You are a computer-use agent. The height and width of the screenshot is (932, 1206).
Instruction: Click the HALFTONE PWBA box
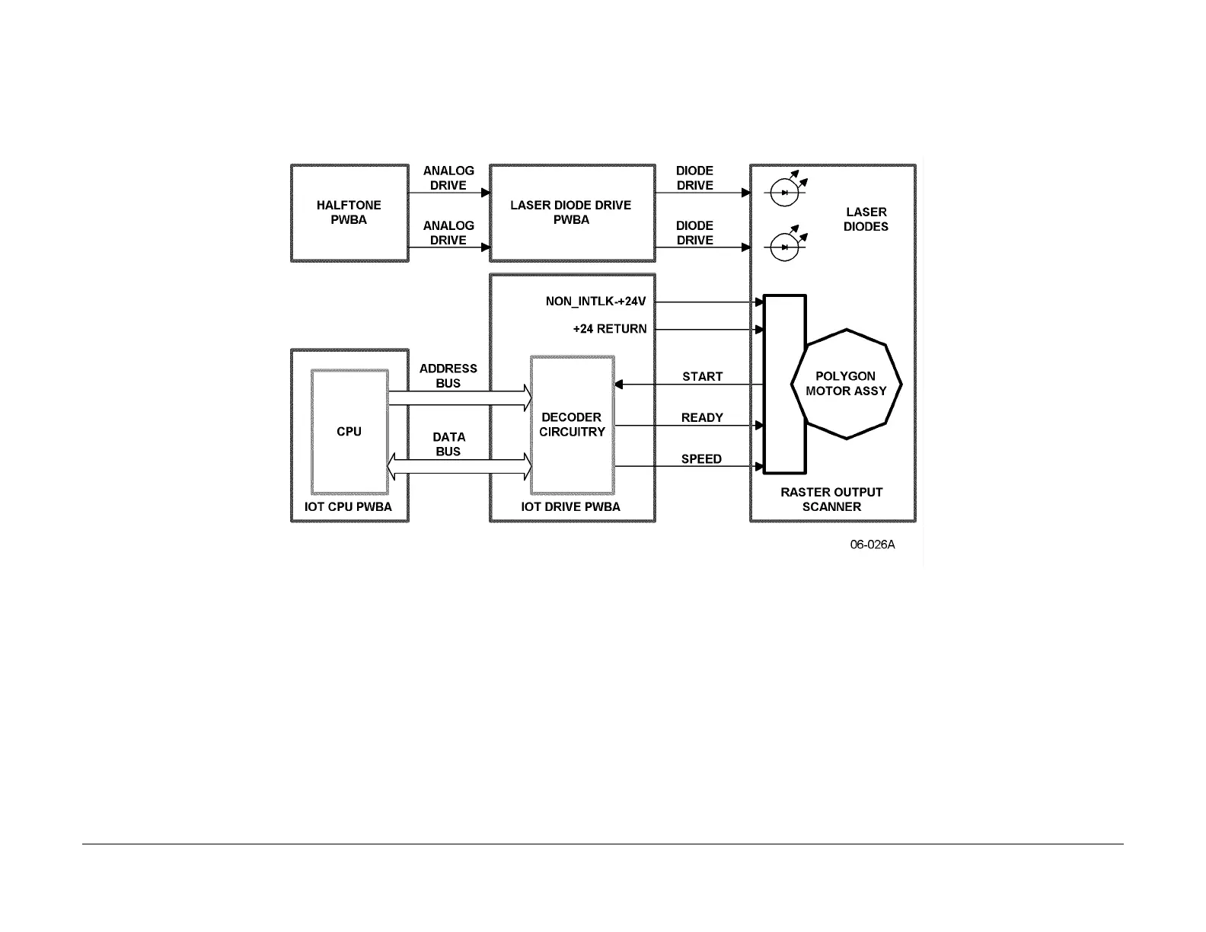[x=349, y=212]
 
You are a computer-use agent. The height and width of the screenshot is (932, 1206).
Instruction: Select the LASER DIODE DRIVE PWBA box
[x=571, y=212]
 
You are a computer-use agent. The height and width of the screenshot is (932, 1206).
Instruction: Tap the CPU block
[x=349, y=432]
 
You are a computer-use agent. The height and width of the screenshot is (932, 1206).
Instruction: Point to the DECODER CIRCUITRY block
[x=572, y=424]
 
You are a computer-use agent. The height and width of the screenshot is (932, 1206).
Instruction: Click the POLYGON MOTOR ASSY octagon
[x=846, y=384]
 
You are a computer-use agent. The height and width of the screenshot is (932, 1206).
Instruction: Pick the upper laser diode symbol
[x=784, y=193]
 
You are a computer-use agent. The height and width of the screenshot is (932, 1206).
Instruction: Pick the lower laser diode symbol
[x=784, y=247]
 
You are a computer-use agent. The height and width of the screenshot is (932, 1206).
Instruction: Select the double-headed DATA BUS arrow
[x=459, y=466]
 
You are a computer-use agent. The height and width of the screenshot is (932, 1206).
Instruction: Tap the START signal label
[x=702, y=376]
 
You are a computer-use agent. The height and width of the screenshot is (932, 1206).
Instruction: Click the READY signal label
[x=702, y=417]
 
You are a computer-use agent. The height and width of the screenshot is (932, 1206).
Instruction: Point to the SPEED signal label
[x=701, y=459]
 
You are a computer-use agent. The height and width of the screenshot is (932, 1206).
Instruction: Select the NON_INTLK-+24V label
[x=595, y=302]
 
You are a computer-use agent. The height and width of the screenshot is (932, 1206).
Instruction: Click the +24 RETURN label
[x=609, y=329]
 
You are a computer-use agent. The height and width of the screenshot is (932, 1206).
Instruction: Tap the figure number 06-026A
[x=873, y=544]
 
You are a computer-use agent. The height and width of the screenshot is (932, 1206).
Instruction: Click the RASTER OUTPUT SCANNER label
[x=831, y=500]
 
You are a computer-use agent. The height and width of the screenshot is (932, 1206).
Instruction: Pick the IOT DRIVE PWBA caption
[x=570, y=507]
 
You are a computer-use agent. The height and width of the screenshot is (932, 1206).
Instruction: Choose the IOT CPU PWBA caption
[x=348, y=507]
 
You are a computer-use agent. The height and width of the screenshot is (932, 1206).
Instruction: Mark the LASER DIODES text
[x=866, y=219]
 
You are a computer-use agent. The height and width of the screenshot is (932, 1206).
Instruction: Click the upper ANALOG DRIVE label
[x=448, y=178]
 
